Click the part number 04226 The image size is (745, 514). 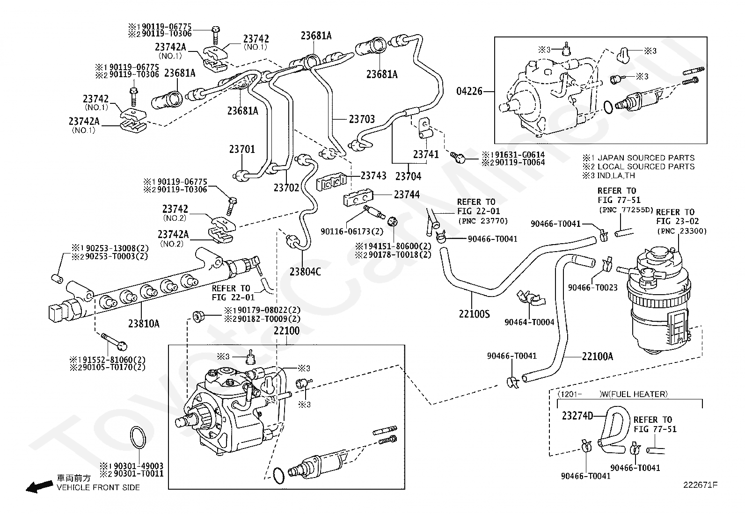click(469, 91)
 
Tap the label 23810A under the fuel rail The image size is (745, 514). click(144, 323)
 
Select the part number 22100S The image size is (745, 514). click(474, 313)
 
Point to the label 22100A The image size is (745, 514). click(597, 356)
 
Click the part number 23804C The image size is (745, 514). click(305, 272)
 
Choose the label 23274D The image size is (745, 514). click(577, 416)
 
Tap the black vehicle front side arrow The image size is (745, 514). click(39, 487)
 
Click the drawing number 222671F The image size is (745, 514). click(701, 485)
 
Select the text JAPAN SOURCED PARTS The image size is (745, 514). click(646, 158)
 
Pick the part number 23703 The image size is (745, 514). click(362, 119)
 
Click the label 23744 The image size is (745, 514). click(407, 194)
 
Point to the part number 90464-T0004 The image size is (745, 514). click(529, 322)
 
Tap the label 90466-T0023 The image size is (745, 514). click(592, 287)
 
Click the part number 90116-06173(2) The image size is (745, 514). click(352, 231)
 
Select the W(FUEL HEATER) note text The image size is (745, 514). click(634, 394)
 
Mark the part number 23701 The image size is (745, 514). click(242, 149)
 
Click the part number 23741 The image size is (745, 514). click(426, 154)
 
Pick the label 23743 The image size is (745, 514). click(373, 175)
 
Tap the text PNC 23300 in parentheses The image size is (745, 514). click(682, 231)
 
